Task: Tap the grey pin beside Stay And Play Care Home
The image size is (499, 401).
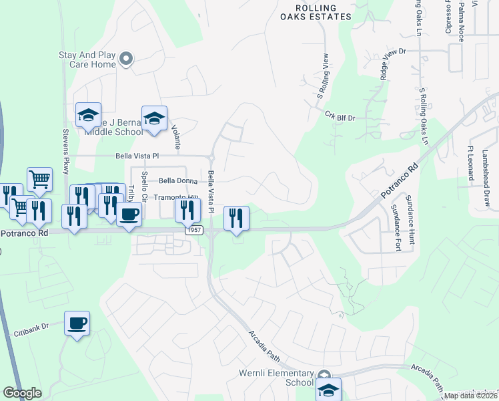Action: tap(127, 59)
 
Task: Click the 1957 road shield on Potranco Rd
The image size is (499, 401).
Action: tap(194, 230)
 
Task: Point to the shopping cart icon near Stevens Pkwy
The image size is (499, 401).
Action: tap(39, 179)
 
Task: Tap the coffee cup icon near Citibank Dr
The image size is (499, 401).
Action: tap(77, 323)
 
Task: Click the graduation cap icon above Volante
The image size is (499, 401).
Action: tap(154, 118)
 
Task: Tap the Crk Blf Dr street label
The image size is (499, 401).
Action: tap(340, 116)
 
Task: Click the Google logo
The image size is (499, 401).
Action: tap(22, 393)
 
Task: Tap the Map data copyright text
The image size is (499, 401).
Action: tap(470, 396)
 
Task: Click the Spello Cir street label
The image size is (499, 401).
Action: tap(143, 191)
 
